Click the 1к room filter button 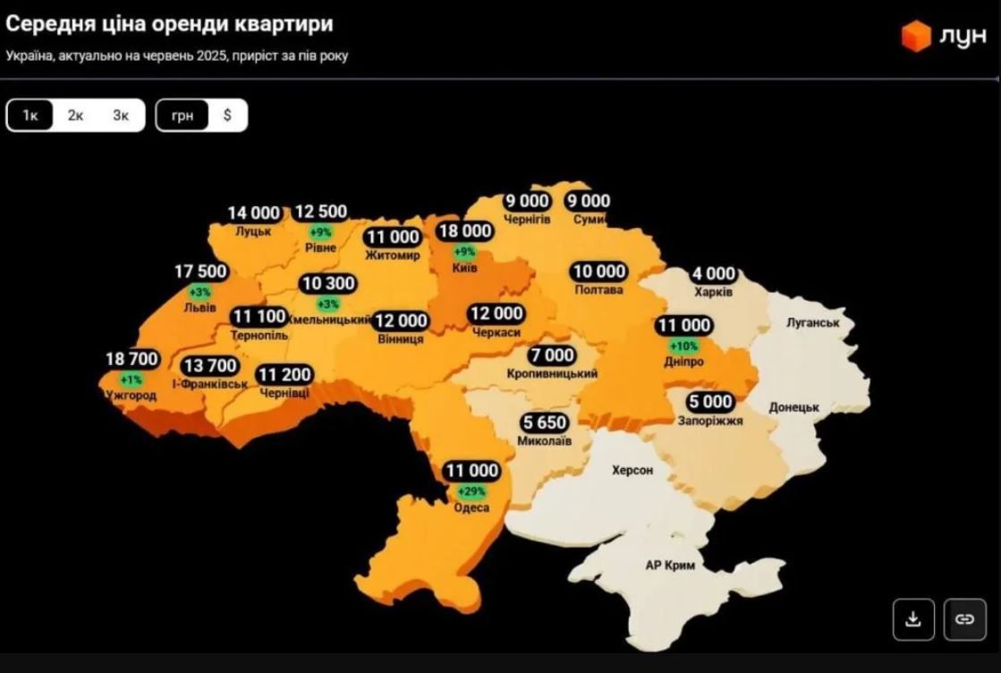point(30,115)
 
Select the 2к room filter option point(75,115)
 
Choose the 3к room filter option point(121,115)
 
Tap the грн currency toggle point(182,115)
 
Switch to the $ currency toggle point(227,115)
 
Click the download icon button point(913,619)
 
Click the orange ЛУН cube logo point(915,37)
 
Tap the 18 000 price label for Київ point(464,232)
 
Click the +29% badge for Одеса point(471,491)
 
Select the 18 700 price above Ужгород point(131,359)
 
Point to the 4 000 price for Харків point(713,274)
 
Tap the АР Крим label point(670,566)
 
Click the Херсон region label point(632,470)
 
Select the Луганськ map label point(812,322)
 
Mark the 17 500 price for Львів point(201,271)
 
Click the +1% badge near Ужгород point(131,379)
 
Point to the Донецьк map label point(794,408)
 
